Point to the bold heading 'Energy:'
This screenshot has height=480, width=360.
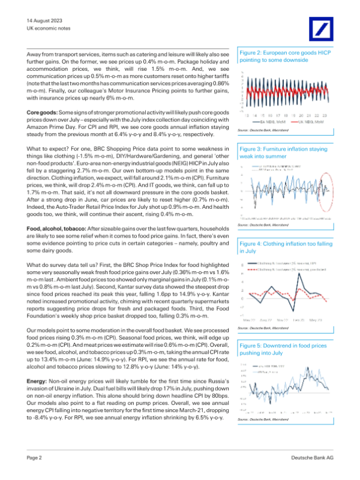pyautogui.click(x=38, y=381)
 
